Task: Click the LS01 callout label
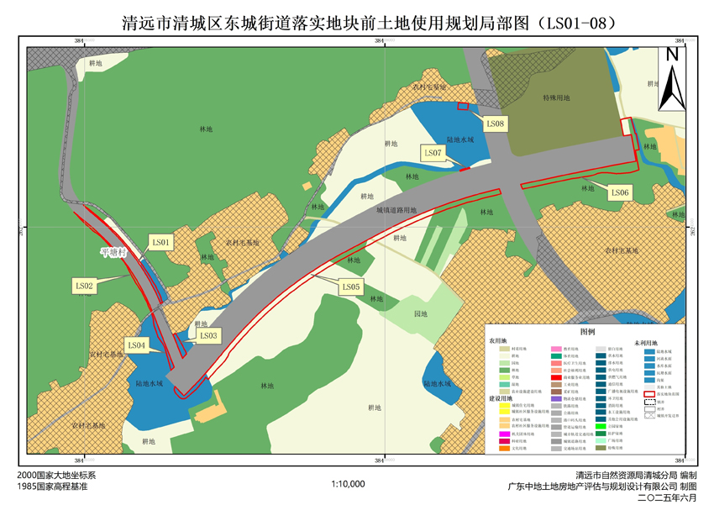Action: [x=160, y=243]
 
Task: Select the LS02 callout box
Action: [x=85, y=286]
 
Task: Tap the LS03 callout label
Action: [x=208, y=335]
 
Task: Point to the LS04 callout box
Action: [x=137, y=345]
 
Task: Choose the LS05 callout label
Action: [x=351, y=287]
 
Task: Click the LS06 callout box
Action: [x=620, y=192]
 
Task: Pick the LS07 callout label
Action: [x=433, y=152]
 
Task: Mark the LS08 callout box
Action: [x=496, y=124]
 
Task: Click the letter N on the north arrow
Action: [x=672, y=55]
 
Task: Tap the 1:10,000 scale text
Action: [x=348, y=484]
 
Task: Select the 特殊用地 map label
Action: [x=556, y=97]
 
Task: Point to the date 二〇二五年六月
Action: [x=668, y=497]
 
